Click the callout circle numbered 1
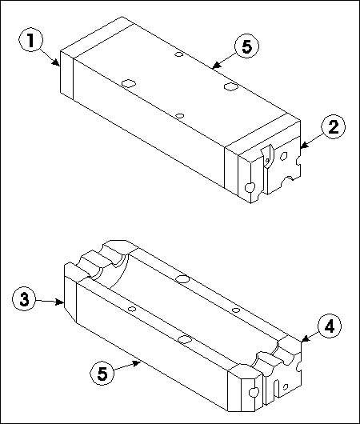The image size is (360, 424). [x=30, y=40]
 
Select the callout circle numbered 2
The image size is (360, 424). [x=334, y=126]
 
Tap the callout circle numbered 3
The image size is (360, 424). [x=24, y=299]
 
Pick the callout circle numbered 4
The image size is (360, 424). [x=329, y=326]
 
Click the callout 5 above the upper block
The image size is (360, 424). [x=246, y=46]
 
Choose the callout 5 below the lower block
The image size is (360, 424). [x=102, y=373]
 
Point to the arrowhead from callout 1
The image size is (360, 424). [x=57, y=62]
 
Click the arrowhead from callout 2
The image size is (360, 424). [x=304, y=146]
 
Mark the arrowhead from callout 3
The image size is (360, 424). [x=59, y=302]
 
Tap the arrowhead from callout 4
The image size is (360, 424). [x=305, y=339]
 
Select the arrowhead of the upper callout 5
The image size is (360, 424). [x=216, y=65]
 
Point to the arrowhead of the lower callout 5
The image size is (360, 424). [x=137, y=364]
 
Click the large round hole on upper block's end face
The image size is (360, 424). [x=250, y=187]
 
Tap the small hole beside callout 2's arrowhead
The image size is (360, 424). [x=284, y=156]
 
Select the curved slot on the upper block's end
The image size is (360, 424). [x=267, y=156]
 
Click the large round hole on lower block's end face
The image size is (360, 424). [x=254, y=392]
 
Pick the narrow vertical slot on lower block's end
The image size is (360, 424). [x=276, y=388]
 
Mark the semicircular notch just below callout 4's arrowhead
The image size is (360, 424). [x=299, y=366]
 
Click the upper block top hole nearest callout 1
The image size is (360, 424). [x=129, y=83]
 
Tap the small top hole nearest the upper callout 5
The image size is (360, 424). [x=178, y=54]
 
